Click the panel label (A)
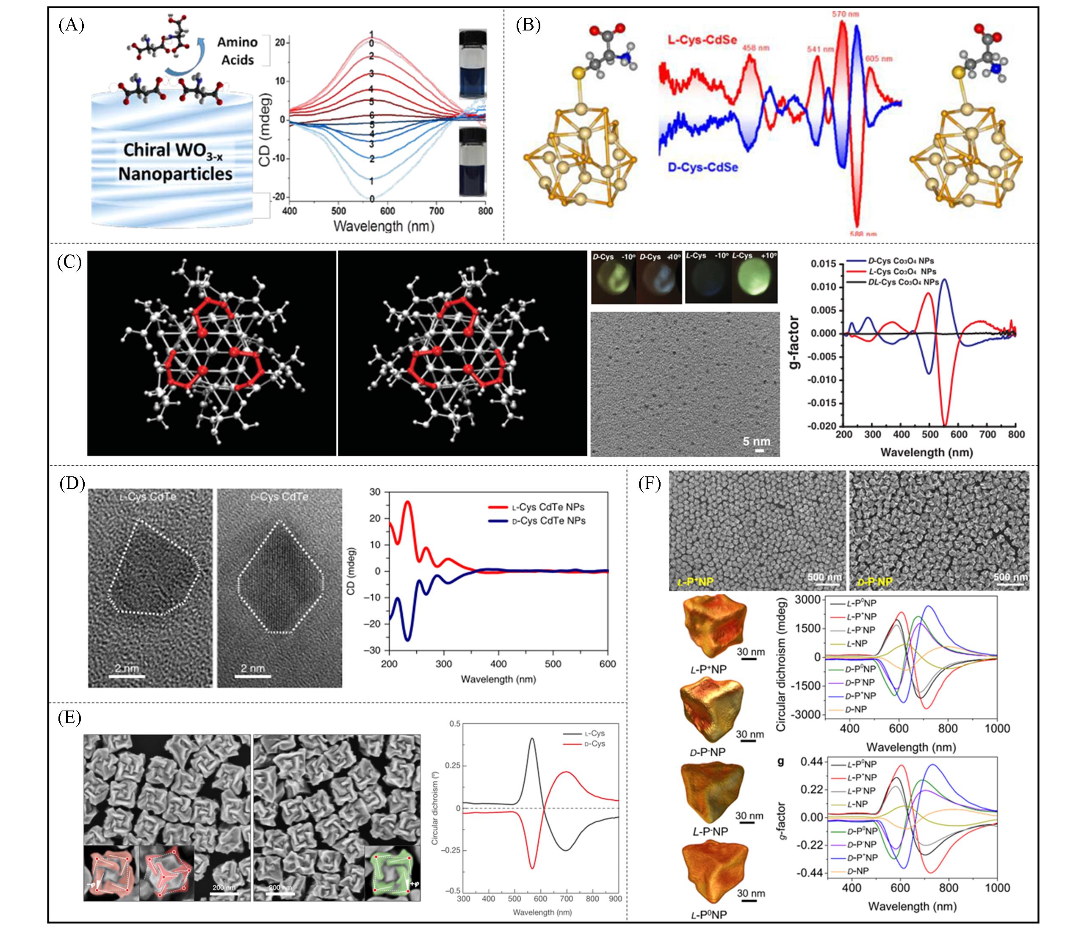point(71,25)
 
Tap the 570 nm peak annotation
point(845,14)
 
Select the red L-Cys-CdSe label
point(702,40)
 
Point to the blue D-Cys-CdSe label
point(703,167)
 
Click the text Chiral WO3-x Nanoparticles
point(175,162)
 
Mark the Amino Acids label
point(238,51)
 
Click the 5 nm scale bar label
point(756,441)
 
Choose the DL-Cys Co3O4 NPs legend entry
point(902,282)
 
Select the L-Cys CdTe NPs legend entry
point(547,507)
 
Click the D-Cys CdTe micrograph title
point(279,496)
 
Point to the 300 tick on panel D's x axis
point(444,664)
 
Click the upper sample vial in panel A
point(472,64)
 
